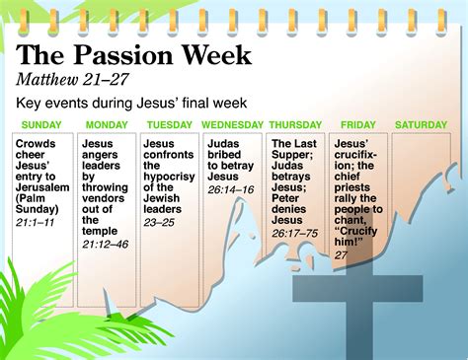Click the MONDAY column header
click(107, 125)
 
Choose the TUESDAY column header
click(169, 125)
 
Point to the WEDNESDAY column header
click(232, 125)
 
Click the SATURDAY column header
click(423, 125)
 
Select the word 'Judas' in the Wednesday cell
click(223, 143)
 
